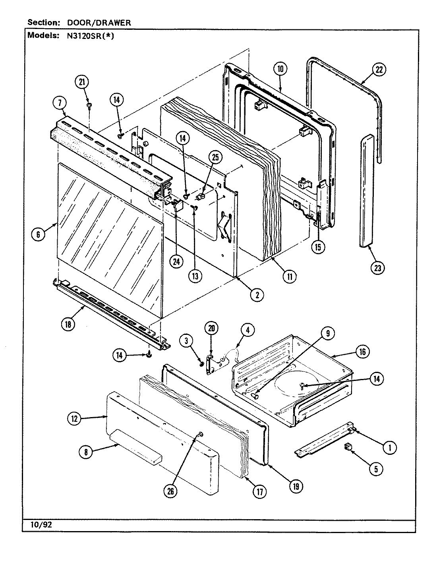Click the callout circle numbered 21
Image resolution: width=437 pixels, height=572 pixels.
coord(82,82)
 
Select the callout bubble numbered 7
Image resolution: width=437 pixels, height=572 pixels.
coord(58,103)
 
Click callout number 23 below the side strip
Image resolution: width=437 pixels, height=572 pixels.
coord(377,268)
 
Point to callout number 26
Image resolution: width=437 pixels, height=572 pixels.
coord(170,491)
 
